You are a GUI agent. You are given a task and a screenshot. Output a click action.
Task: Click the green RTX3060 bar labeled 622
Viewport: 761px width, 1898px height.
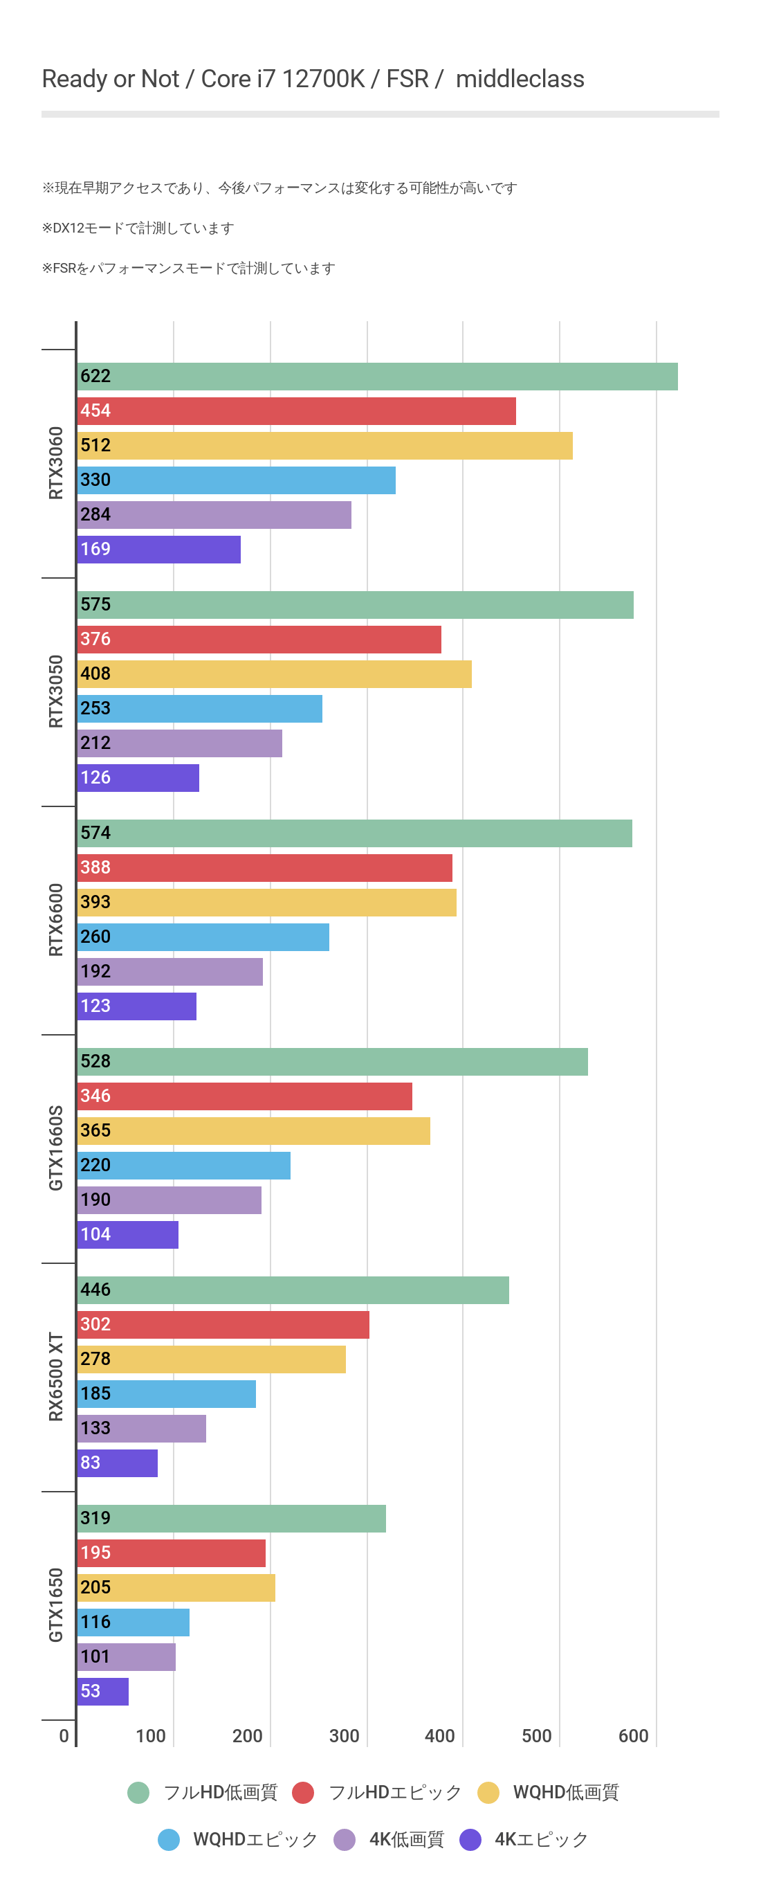(377, 377)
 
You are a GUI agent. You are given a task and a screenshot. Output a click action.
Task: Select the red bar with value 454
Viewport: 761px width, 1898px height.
(296, 411)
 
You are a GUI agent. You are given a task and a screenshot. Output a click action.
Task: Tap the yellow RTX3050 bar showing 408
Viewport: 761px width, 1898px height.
(274, 674)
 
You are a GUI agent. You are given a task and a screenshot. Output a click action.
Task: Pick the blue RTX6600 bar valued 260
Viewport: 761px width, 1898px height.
(203, 937)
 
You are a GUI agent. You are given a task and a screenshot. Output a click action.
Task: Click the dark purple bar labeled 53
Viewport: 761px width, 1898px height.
(103, 1692)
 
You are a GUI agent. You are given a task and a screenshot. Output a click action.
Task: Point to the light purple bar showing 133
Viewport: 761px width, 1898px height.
(141, 1429)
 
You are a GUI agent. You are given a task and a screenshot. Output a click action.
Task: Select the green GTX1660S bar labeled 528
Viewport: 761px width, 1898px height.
(332, 1062)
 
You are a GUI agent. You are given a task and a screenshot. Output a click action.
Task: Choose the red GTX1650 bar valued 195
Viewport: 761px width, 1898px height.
(171, 1553)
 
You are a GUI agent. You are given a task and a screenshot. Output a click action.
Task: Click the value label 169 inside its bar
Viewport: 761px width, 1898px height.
(95, 550)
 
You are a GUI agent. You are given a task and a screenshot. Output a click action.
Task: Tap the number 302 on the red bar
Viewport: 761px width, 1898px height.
(95, 1325)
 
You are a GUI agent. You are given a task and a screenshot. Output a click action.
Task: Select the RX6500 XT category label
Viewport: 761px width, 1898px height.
(56, 1376)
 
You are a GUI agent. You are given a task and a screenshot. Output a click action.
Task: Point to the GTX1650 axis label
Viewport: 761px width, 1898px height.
(56, 1605)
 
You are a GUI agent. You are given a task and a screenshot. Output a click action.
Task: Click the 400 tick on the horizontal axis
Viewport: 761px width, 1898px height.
(440, 1737)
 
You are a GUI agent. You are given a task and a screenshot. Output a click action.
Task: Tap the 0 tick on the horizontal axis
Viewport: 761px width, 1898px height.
(64, 1737)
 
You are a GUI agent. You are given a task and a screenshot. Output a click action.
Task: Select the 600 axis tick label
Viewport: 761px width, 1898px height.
(634, 1737)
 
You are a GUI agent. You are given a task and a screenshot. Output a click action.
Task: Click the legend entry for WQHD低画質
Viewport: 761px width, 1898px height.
(565, 1793)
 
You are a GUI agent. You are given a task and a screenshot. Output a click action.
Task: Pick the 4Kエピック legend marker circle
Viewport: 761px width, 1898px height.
(470, 1840)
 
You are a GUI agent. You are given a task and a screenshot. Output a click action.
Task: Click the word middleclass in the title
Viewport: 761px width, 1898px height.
(520, 79)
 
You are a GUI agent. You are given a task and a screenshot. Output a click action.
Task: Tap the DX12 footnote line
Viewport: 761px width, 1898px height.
(138, 228)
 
